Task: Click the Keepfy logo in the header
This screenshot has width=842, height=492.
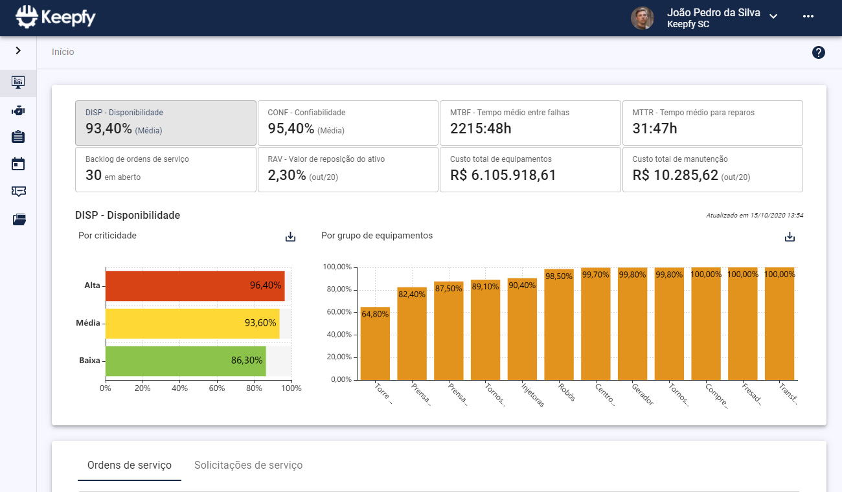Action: point(56,17)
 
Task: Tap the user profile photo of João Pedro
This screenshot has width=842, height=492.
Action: point(643,18)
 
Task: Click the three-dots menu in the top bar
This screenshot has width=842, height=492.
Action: point(808,17)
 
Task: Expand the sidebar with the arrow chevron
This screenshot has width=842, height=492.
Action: point(18,50)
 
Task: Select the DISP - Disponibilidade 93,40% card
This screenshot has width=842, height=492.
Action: point(166,122)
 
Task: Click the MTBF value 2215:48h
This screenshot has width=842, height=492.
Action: point(481,129)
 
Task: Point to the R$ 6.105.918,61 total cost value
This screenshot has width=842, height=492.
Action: point(503,175)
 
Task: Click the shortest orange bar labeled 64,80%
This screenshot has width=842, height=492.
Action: point(375,344)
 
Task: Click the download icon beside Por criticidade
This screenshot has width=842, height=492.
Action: point(290,237)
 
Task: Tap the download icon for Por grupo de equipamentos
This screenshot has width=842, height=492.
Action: point(790,237)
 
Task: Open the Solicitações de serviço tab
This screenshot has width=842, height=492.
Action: point(248,465)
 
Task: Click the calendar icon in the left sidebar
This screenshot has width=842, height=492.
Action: point(18,164)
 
